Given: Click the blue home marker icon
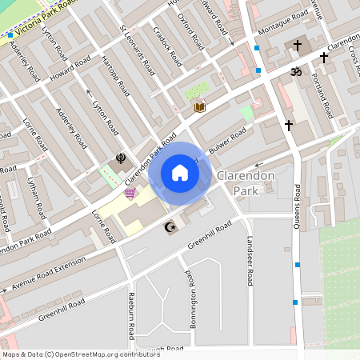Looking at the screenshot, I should coord(180,173).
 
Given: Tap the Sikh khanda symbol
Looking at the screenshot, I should coord(121,158).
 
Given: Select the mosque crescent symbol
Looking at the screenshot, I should coord(169,228).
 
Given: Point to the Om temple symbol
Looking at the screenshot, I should coord(294,71).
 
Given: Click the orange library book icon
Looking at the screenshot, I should coord(200,106).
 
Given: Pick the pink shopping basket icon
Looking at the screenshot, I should coord(130,193).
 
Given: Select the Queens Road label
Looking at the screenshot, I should coord(296,207).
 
